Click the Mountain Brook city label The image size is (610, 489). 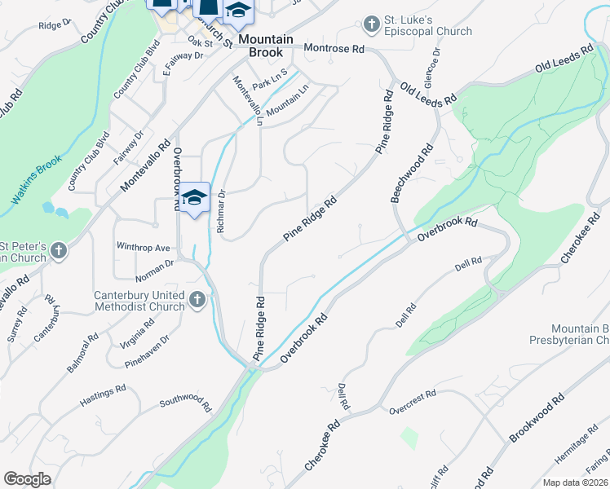(272, 46)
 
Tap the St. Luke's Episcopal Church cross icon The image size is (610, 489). (372, 23)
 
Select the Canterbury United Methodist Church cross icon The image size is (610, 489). (196, 301)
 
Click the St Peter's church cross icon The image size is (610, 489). (58, 252)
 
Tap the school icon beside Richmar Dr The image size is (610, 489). (195, 198)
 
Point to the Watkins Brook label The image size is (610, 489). (37, 180)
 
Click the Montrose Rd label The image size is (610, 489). (334, 49)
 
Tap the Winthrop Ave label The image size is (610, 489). (143, 246)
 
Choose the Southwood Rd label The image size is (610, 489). (185, 403)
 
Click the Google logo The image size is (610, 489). (28, 479)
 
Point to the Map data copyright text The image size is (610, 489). (576, 482)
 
